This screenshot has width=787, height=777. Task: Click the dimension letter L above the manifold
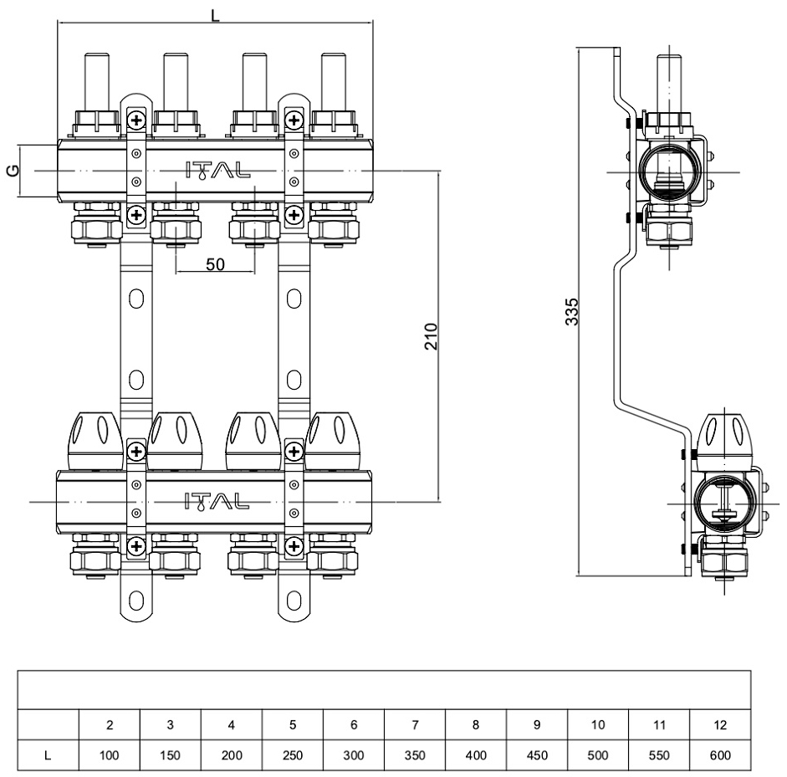(215, 14)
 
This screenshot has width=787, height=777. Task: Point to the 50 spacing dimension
(215, 264)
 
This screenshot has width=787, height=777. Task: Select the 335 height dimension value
(572, 311)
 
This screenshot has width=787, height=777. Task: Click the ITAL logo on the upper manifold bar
(216, 171)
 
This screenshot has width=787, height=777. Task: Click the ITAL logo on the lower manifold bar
(216, 501)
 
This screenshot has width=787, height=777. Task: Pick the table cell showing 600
(719, 754)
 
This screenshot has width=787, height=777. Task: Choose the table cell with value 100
(110, 754)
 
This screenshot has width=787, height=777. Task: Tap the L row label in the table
(49, 754)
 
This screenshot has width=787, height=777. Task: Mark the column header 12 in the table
(719, 724)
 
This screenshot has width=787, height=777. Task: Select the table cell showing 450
(536, 754)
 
